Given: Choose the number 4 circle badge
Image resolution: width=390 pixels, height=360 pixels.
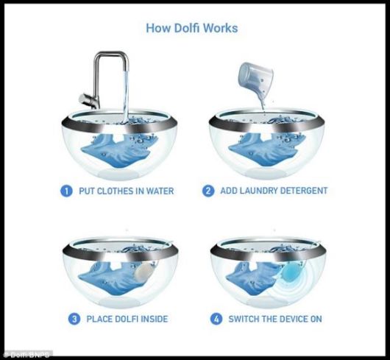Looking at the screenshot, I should tap(214, 320).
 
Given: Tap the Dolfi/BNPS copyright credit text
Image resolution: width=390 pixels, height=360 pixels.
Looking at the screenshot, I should tap(26, 355).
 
